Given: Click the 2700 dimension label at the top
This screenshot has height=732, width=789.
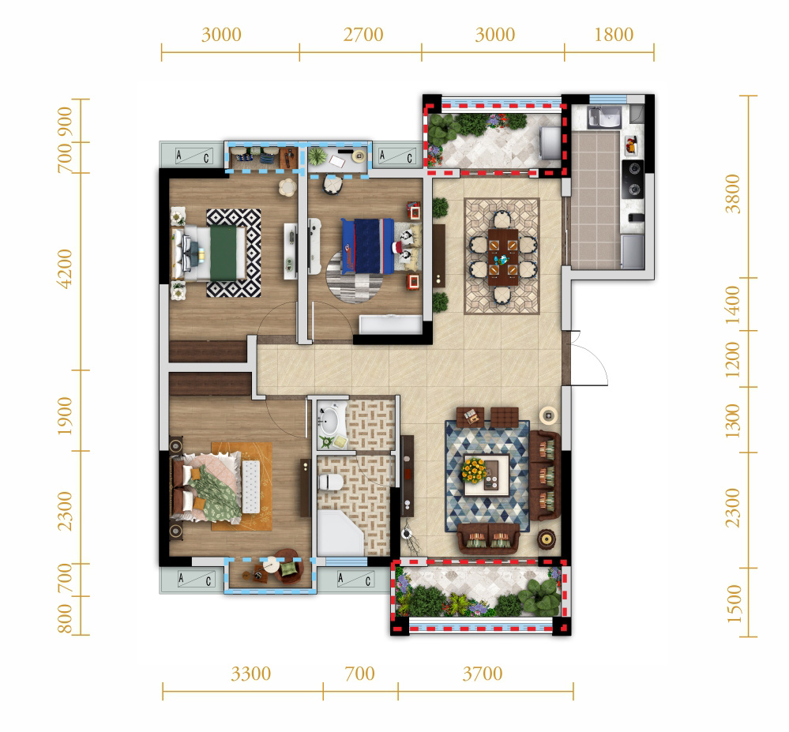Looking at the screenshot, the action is click(363, 35).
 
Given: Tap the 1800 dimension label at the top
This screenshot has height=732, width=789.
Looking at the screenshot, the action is click(614, 35).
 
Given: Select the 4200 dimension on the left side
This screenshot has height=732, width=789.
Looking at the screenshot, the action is click(66, 268).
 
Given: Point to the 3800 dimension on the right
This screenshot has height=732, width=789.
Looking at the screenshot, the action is click(733, 193).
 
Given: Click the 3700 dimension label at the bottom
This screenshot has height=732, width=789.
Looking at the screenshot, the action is click(483, 674).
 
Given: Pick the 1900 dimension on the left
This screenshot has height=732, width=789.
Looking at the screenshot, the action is click(66, 417).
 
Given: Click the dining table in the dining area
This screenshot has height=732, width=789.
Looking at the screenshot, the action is click(502, 257).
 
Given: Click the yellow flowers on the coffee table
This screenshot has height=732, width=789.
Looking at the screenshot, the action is click(474, 470).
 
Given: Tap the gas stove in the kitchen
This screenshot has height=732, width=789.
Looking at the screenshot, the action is click(633, 179).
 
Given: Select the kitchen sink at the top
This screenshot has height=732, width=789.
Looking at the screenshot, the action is click(605, 117).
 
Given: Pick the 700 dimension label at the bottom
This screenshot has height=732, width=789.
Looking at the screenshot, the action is click(360, 674).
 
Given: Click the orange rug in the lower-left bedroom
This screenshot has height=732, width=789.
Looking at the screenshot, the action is click(242, 486).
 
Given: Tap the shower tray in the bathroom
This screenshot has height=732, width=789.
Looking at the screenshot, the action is click(340, 533).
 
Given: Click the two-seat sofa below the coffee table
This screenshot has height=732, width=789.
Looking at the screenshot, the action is click(488, 539).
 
